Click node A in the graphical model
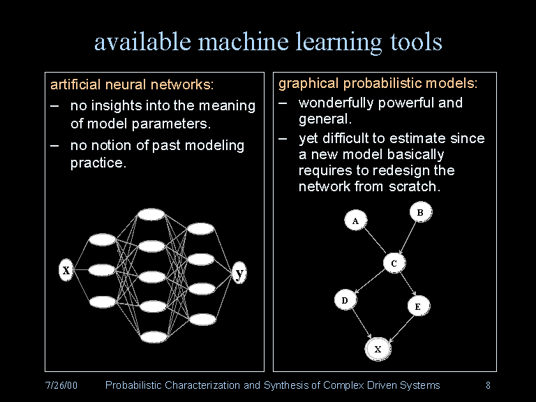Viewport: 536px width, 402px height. [x=355, y=221]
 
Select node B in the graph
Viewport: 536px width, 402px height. [x=420, y=212]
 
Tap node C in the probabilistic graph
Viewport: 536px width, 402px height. [x=394, y=263]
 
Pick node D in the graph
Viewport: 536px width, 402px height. [x=344, y=300]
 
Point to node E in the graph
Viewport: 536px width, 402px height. [x=417, y=306]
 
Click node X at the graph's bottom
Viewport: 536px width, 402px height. [x=378, y=348]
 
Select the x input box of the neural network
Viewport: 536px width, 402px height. [x=66, y=269]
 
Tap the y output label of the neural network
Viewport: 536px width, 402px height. [x=240, y=273]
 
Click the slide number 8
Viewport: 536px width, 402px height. [x=488, y=385]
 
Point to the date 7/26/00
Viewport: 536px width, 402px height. [x=61, y=385]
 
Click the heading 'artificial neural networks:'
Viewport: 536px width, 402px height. [x=132, y=85]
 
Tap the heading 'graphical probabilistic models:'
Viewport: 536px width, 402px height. [x=378, y=84]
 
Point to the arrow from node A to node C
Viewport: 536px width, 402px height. [x=374, y=242]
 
